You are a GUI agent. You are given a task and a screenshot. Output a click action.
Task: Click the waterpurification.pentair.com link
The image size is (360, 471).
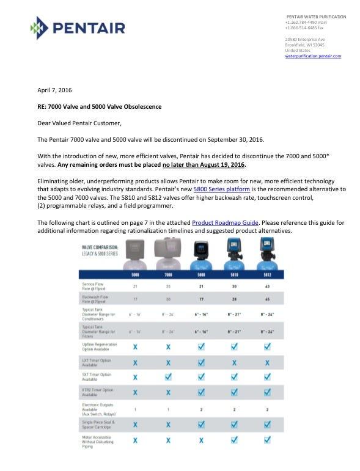[313, 56]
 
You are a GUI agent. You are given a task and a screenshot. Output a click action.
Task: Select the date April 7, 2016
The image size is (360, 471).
[54, 90]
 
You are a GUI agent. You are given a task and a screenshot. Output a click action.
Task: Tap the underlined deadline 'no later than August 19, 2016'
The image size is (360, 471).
[203, 165]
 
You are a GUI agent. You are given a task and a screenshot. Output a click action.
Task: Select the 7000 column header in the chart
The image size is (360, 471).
[166, 274]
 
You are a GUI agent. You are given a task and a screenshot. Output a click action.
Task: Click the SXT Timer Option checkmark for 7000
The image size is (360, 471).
[166, 377]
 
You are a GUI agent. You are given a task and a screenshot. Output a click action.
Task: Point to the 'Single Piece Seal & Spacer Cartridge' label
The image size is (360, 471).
[98, 424]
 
